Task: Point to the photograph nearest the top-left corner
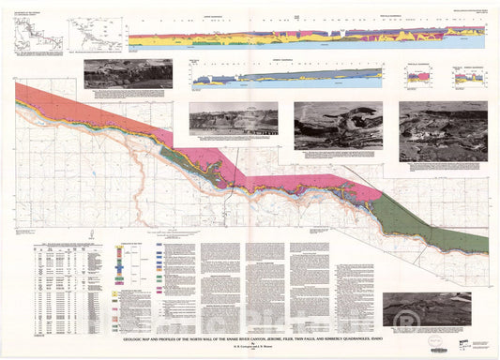tap(128, 74)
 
